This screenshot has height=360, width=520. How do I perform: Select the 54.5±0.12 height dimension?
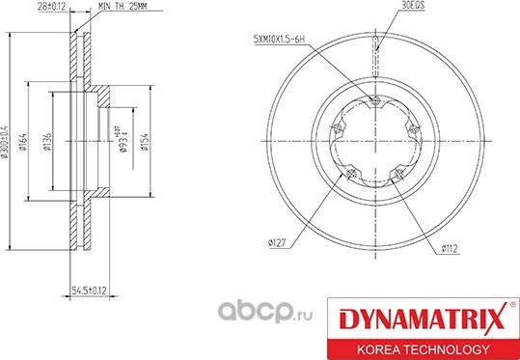click(89, 288)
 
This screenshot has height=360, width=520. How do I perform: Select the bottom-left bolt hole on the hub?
click(350, 175)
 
